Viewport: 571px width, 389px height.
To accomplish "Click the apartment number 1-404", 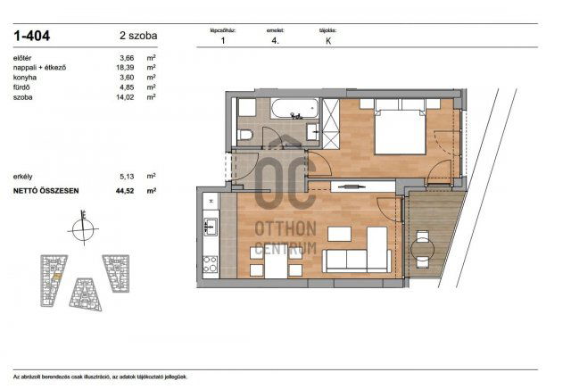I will pos(31,36).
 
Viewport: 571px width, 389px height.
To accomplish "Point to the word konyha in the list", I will pos(25,77).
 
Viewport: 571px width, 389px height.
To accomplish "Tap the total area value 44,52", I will pos(126,190).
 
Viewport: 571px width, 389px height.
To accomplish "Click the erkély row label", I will pos(24,177).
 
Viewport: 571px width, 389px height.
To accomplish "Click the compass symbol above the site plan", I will pos(82,228).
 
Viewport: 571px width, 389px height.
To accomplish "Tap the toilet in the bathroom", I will pos(247,135).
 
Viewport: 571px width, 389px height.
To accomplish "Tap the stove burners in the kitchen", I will pos(211,263).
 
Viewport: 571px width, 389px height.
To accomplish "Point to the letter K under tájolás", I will pos(329,40).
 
